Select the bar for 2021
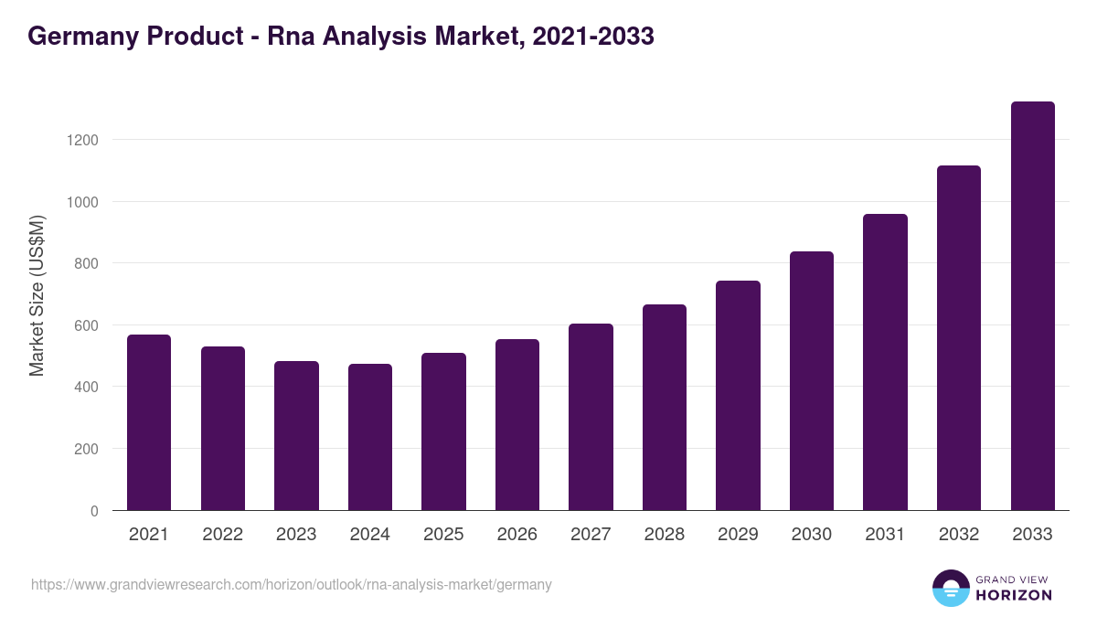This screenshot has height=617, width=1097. (149, 422)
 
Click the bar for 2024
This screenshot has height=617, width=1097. (370, 437)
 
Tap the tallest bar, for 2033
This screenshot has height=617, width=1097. (1033, 306)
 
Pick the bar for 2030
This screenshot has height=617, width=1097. (812, 381)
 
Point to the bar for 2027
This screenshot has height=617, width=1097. (591, 417)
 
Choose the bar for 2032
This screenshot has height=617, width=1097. (959, 338)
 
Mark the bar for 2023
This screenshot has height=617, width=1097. (296, 435)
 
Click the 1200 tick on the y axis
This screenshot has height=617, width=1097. (81, 140)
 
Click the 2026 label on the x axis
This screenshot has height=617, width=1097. (517, 535)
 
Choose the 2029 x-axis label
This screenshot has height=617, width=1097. (738, 535)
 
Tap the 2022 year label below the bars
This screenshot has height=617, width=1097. (222, 535)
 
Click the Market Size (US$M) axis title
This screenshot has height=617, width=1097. (37, 295)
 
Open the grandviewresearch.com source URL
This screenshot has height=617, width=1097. (292, 584)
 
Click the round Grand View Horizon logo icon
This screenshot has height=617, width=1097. (951, 589)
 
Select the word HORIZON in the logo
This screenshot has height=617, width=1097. (1014, 595)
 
